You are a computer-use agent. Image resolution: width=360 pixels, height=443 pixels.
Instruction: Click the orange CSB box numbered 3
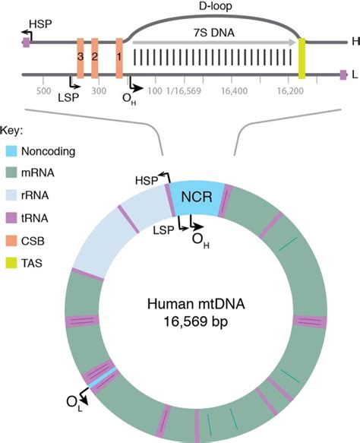[81, 59]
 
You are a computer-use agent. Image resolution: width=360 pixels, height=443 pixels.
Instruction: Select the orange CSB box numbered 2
[95, 59]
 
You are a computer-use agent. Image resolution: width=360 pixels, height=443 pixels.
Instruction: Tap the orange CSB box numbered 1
[119, 59]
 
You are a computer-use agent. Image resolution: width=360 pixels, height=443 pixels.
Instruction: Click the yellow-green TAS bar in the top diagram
[302, 59]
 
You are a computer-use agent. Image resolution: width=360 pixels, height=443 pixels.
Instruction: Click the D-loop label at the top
[216, 6]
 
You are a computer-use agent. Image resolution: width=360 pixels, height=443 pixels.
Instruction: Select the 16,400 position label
[234, 91]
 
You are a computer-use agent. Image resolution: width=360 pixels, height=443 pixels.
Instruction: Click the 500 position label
[43, 91]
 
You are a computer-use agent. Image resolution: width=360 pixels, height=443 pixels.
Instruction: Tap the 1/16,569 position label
[184, 91]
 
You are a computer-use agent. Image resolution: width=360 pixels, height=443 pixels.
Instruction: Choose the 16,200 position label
[290, 91]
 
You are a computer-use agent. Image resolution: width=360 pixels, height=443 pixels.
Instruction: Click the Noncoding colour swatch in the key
[11, 151]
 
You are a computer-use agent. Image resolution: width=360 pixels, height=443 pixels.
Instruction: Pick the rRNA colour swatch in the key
[11, 195]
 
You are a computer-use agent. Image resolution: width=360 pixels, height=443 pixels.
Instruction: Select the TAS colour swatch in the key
[11, 263]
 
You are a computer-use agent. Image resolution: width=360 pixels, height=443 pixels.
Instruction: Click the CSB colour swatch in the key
[11, 241]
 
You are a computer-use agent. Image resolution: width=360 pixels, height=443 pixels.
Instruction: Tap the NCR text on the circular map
[197, 197]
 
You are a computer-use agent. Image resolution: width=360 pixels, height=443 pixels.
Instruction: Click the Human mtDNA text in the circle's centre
[196, 304]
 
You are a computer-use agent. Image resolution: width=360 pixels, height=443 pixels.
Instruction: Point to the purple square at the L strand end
[343, 75]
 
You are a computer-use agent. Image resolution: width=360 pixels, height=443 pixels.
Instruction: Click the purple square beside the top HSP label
[27, 43]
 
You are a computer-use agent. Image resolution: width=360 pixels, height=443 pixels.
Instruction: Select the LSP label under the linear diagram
[68, 98]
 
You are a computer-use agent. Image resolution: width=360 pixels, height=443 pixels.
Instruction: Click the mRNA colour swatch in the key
[11, 173]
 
